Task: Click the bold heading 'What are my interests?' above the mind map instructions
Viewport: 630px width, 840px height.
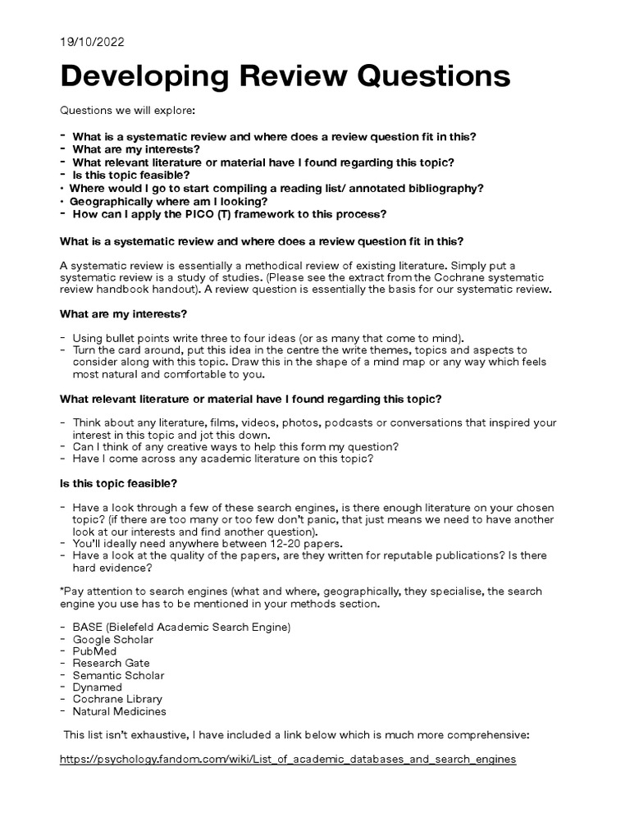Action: [123, 314]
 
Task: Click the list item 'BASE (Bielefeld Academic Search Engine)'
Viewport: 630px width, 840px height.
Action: [181, 628]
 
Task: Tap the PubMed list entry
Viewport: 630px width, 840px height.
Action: [94, 651]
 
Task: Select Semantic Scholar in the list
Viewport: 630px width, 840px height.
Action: [118, 675]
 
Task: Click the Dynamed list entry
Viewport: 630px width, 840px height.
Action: [97, 687]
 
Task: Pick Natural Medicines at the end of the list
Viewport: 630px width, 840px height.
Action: [119, 711]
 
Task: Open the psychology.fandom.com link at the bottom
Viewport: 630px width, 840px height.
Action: [288, 760]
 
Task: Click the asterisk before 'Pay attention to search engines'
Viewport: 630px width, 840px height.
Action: [62, 591]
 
